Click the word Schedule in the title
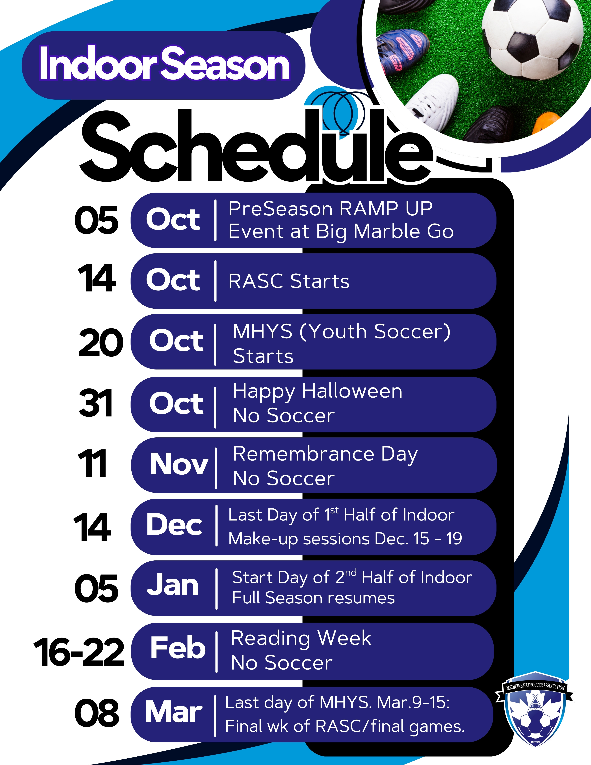pos(256,147)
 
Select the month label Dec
pos(174,524)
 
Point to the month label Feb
pos(178,647)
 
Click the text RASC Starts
pos(289,281)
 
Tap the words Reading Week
pos(301,638)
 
